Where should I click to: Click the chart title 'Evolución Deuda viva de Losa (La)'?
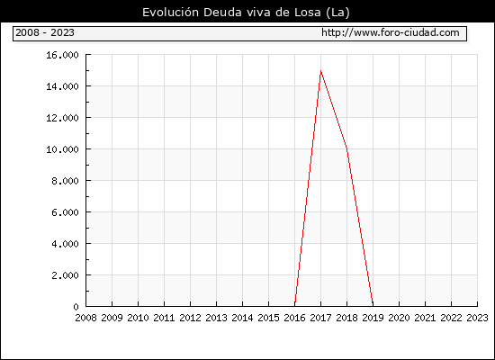point(246,13)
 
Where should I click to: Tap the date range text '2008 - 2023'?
point(45,32)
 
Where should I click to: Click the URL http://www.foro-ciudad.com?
point(391,32)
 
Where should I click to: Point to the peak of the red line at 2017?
point(320,71)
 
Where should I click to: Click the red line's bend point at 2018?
point(346,148)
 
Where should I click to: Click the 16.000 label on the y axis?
point(62,55)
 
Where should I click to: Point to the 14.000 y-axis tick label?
point(62,86)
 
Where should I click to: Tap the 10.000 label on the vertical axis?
point(62,149)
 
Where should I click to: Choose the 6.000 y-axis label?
point(65,212)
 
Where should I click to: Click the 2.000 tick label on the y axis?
point(65,275)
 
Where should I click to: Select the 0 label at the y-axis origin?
point(76,307)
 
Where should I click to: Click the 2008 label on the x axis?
point(85,318)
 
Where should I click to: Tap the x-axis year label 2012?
point(191,318)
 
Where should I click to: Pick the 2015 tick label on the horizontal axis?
point(269,318)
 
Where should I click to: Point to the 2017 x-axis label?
point(320,318)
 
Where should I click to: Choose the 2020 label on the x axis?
point(399,318)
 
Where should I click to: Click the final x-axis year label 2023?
point(477,318)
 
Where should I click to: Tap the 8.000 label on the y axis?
point(65,181)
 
